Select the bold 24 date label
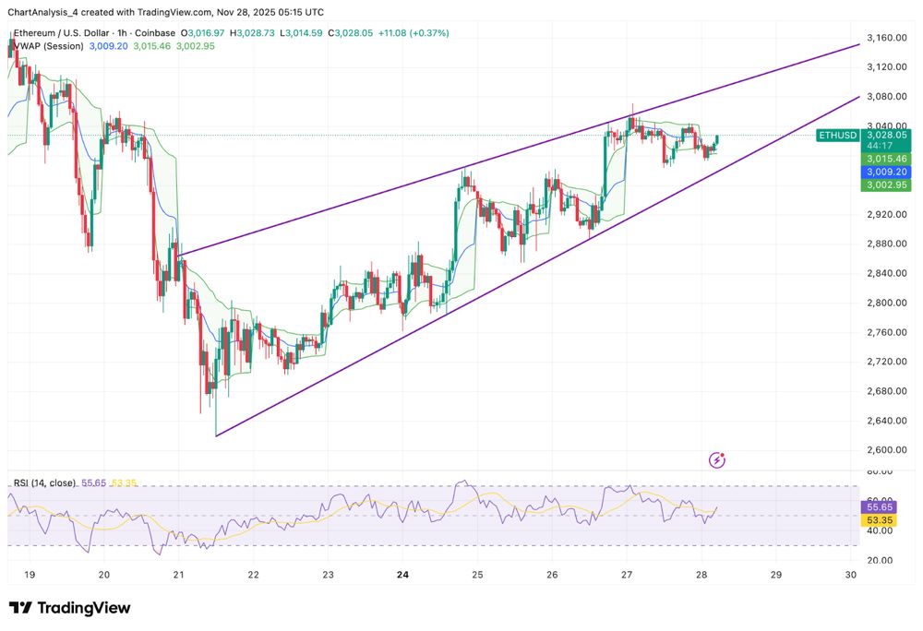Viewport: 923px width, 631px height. point(402,575)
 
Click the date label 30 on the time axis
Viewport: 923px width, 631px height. point(850,575)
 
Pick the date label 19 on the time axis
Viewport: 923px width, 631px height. point(30,575)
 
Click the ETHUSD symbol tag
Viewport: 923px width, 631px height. point(838,135)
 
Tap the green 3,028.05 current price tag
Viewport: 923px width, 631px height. point(885,135)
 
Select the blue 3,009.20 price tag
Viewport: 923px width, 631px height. point(885,172)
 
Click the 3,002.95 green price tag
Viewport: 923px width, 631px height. point(885,185)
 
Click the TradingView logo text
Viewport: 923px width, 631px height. point(70,608)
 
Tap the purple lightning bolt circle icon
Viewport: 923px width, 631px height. point(718,459)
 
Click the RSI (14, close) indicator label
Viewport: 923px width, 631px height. point(44,482)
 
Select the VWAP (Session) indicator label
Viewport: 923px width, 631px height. point(45,46)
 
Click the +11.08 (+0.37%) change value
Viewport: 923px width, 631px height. point(416,33)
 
